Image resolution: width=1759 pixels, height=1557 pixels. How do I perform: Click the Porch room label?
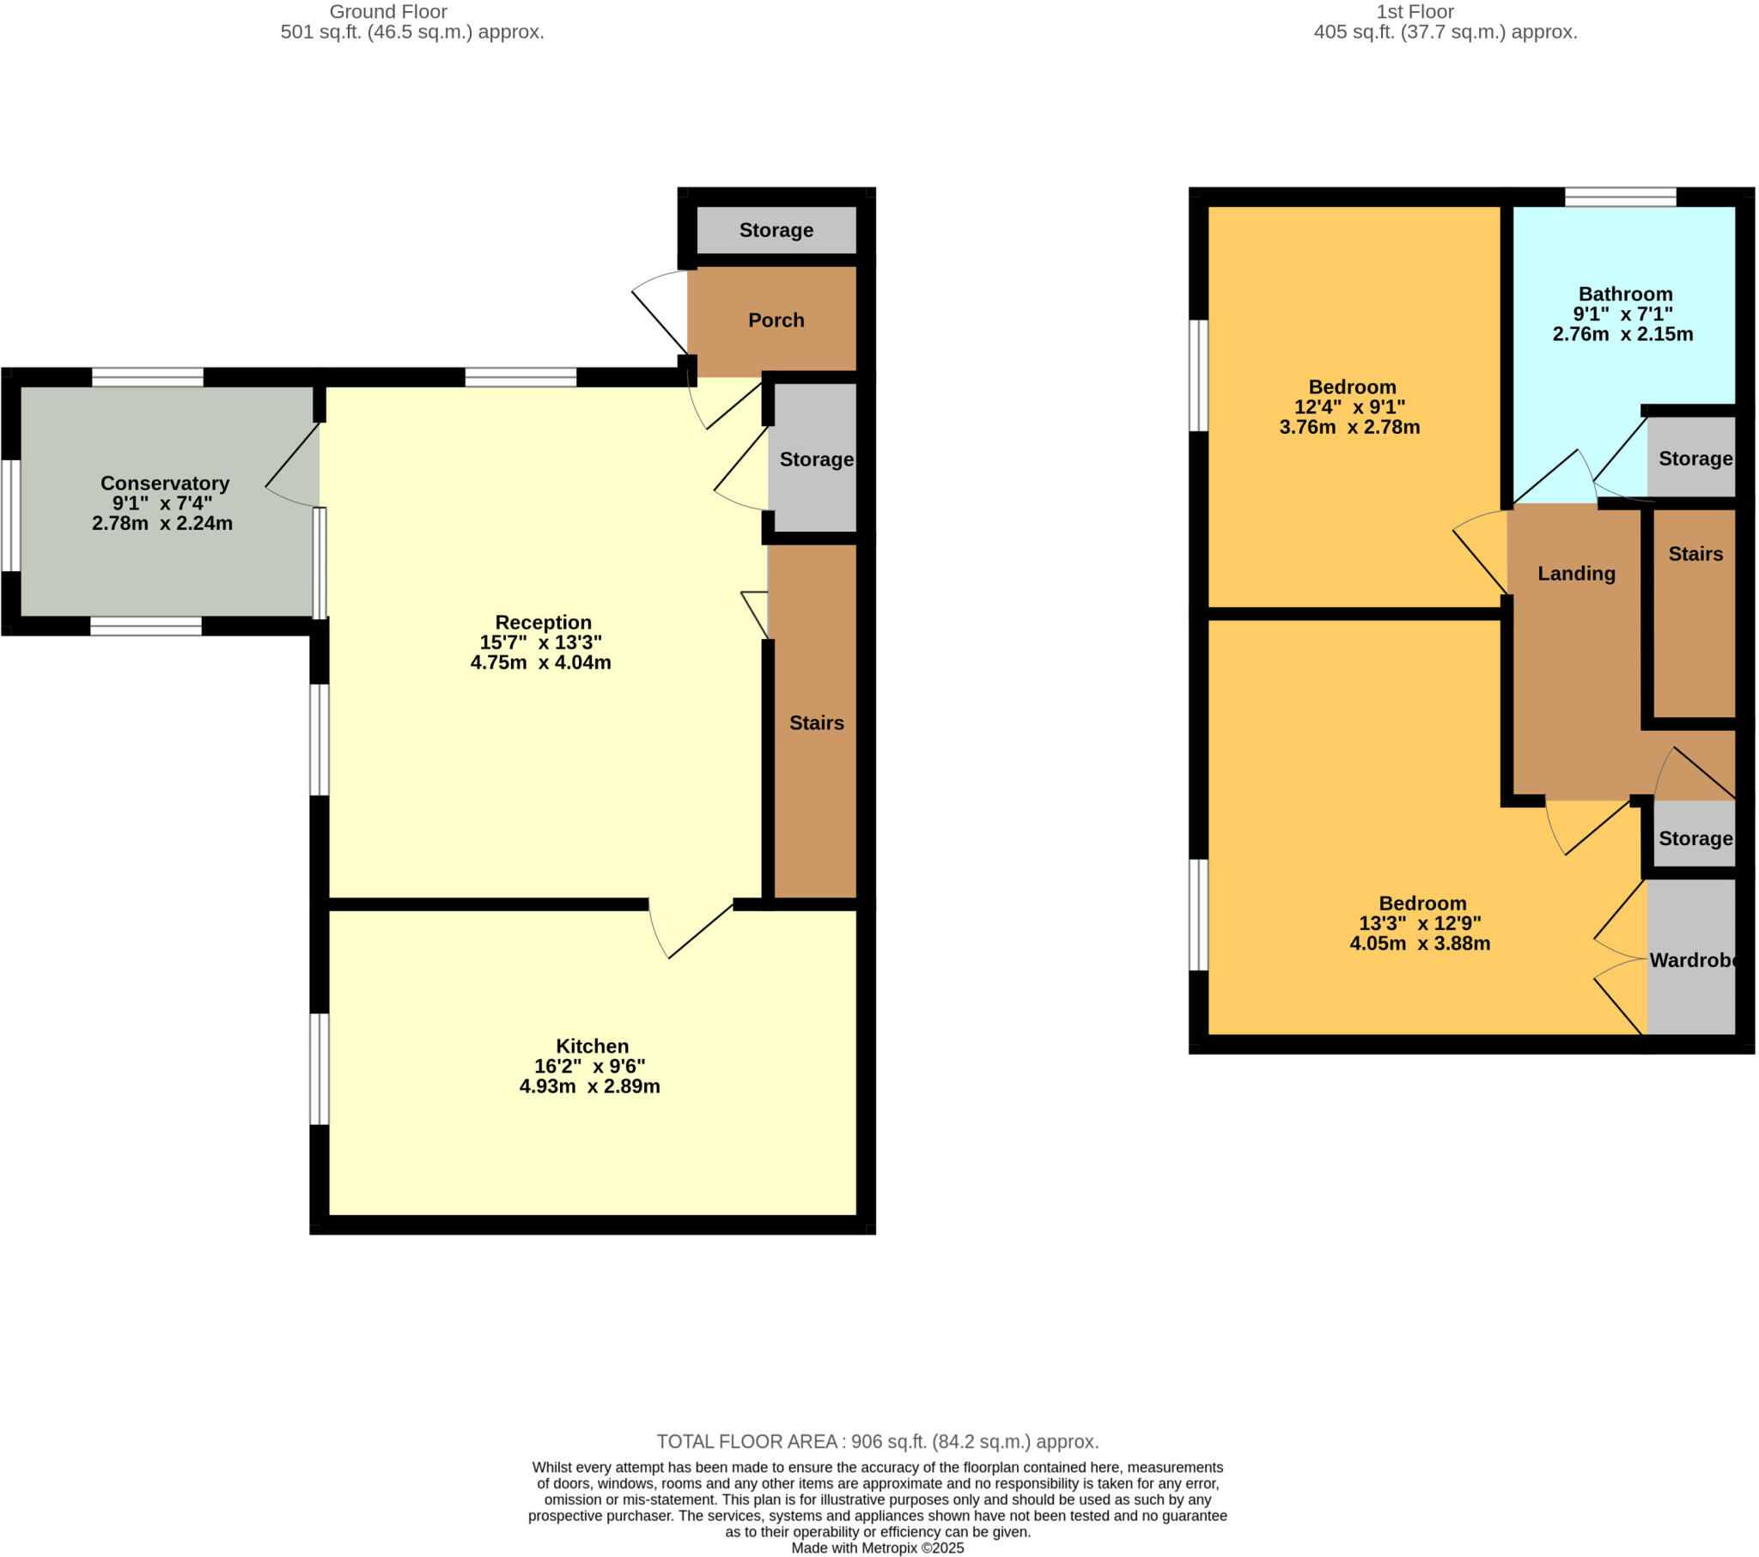pyautogui.click(x=776, y=320)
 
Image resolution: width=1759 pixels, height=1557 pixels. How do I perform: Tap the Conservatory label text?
pyautogui.click(x=164, y=483)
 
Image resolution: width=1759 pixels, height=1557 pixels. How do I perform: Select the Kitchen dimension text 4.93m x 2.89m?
pyautogui.click(x=589, y=1086)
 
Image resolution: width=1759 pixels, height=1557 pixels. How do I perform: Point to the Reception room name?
pyautogui.click(x=543, y=623)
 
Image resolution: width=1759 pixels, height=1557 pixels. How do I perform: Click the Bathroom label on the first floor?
pyautogui.click(x=1625, y=295)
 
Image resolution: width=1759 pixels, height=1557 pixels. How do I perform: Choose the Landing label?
pyautogui.click(x=1576, y=573)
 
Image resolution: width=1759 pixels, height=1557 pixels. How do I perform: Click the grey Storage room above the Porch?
pyautogui.click(x=776, y=230)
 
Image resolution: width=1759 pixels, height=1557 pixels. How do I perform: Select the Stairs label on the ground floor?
pyautogui.click(x=816, y=723)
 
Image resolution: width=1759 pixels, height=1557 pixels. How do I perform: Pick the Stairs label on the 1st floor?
pyautogui.click(x=1695, y=553)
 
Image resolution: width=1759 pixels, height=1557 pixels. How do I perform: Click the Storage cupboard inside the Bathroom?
pyautogui.click(x=1695, y=459)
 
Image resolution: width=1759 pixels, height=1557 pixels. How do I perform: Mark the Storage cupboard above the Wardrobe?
pyautogui.click(x=1695, y=838)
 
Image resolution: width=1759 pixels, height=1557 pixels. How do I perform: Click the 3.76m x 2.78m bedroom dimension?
pyautogui.click(x=1348, y=427)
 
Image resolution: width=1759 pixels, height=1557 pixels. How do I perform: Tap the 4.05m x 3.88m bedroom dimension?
pyautogui.click(x=1419, y=943)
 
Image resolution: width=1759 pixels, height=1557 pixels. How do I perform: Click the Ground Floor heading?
pyautogui.click(x=388, y=12)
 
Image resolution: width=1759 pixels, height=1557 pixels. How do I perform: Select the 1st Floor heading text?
pyautogui.click(x=1414, y=12)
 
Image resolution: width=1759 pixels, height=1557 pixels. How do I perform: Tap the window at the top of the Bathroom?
pyautogui.click(x=1620, y=198)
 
